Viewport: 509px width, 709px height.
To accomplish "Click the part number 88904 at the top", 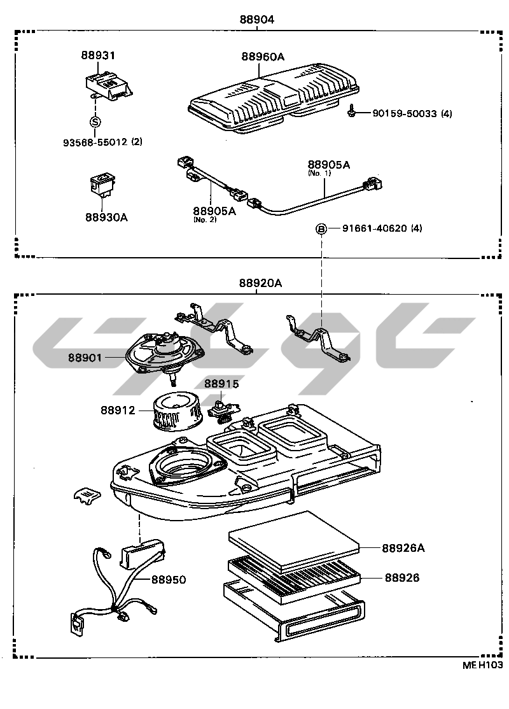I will [x=256, y=19].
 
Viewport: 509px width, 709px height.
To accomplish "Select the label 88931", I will [x=97, y=56].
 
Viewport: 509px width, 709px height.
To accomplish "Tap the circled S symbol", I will [x=95, y=122].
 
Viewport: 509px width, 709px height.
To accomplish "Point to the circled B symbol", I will [x=322, y=228].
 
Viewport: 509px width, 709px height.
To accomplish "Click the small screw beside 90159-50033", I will [x=351, y=111].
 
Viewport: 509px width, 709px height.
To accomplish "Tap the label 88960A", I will [x=262, y=57].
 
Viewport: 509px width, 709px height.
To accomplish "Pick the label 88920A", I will [x=260, y=284].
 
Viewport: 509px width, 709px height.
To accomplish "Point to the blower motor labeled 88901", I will [x=162, y=354].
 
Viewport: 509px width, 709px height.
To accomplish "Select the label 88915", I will [x=221, y=383].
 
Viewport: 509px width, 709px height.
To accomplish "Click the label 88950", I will [x=169, y=580].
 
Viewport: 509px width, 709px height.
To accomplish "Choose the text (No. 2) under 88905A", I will [x=203, y=220].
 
